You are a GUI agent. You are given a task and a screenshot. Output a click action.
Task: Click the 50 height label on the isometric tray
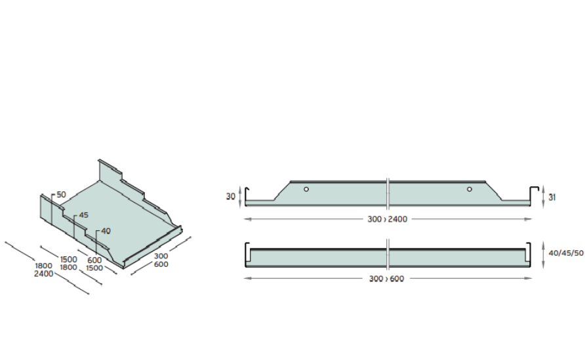point(61,195)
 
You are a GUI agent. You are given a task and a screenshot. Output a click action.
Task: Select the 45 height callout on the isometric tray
point(83,215)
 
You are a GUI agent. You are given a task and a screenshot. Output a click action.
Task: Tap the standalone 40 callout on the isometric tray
point(106,231)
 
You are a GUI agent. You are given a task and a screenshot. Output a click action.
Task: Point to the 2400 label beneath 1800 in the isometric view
point(44,274)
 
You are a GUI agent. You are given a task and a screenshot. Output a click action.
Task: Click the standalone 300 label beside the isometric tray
point(161,256)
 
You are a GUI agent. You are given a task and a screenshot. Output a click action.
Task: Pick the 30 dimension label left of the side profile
point(231,196)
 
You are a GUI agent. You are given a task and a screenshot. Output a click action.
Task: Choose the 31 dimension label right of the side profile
point(552,197)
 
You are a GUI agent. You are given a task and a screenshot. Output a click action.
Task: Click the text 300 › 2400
point(387,220)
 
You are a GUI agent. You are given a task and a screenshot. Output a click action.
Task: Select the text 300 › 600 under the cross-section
point(386,279)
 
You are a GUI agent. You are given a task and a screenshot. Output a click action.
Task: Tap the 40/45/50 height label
point(565,253)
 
